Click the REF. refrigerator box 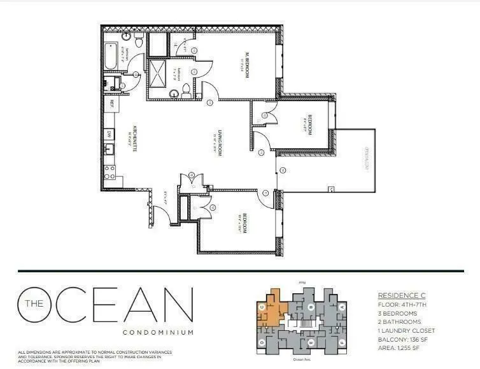pos(110,102)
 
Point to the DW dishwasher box pos(109,134)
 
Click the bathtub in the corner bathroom pos(111,57)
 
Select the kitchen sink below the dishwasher pos(109,150)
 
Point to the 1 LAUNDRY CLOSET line pos(407,331)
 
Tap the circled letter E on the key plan pos(309,343)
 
